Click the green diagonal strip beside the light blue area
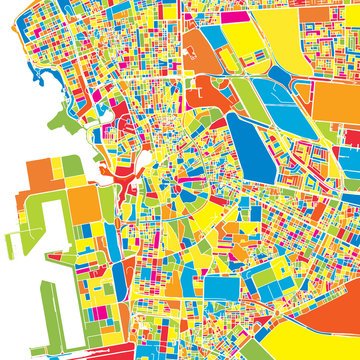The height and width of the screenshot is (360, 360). pos(245,95)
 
